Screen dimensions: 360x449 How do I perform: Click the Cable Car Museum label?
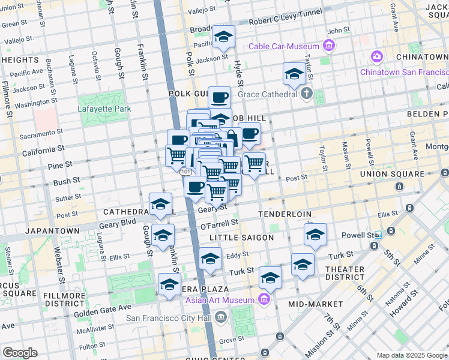coord(285,46)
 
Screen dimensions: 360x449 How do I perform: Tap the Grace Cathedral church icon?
coord(307,93)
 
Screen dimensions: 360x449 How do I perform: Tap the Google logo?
coord(20,353)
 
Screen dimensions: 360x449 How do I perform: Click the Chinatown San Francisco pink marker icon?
coord(377,57)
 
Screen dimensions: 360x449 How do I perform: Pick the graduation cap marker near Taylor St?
coord(294,75)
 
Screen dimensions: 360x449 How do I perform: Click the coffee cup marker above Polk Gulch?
coord(220,97)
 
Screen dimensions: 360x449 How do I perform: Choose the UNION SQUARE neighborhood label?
coord(392,174)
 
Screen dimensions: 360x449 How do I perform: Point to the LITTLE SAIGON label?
coord(241,238)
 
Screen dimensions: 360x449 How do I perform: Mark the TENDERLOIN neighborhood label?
coord(285,214)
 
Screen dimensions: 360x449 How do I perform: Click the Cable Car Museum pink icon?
coord(328,44)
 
